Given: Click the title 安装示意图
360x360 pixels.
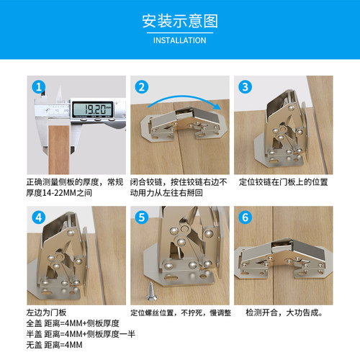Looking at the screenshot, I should click(x=179, y=20).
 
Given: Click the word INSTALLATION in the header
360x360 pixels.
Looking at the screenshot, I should click(x=179, y=40).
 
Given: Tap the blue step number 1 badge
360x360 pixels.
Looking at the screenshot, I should click(x=38, y=87).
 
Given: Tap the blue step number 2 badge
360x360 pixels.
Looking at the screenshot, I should click(x=142, y=87).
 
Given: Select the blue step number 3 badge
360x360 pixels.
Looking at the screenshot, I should click(x=246, y=87).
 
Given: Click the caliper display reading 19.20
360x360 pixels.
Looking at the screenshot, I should click(x=94, y=110).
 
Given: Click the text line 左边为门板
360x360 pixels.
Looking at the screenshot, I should click(x=46, y=313).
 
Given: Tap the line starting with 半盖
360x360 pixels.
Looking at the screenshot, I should click(x=75, y=335).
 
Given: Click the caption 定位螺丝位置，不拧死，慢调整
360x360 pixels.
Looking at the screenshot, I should click(x=180, y=313).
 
